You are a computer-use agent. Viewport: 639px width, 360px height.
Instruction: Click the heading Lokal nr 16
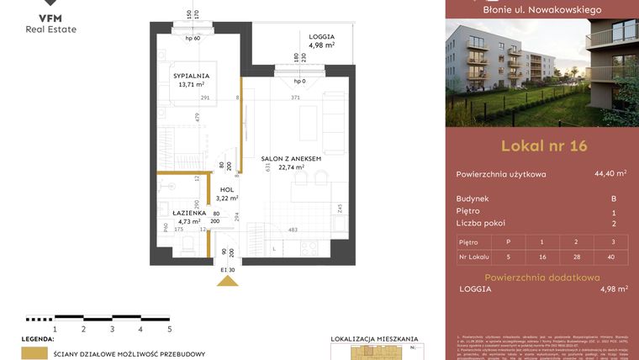point(543,145)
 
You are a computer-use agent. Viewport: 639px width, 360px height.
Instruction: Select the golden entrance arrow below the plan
point(227,281)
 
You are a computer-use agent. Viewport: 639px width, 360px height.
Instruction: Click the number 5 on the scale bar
point(169,330)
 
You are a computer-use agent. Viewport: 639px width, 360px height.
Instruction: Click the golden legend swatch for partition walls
point(34,353)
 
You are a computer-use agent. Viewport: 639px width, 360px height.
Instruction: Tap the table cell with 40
point(613,257)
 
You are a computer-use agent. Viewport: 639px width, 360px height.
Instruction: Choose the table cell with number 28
point(576,257)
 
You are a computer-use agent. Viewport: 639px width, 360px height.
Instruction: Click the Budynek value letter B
point(614,199)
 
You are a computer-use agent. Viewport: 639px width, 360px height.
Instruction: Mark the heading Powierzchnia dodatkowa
point(541,277)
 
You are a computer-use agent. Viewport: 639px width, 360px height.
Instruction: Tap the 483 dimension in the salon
point(293,230)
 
